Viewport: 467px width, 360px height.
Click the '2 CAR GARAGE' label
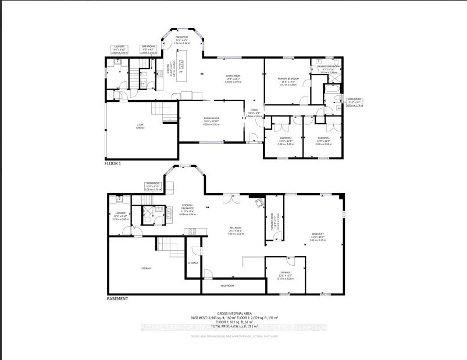pos(140,125)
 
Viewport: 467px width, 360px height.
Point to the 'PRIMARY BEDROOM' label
pos(288,79)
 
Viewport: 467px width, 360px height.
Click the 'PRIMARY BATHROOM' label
pos(328,67)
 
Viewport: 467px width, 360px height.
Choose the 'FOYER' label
pos(254,111)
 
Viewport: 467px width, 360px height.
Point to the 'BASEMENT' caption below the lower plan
pos(117,298)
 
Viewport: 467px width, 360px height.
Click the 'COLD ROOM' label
pos(226,286)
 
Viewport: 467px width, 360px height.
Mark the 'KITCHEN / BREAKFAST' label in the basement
pos(187,206)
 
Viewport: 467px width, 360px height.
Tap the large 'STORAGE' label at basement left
pos(146,268)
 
